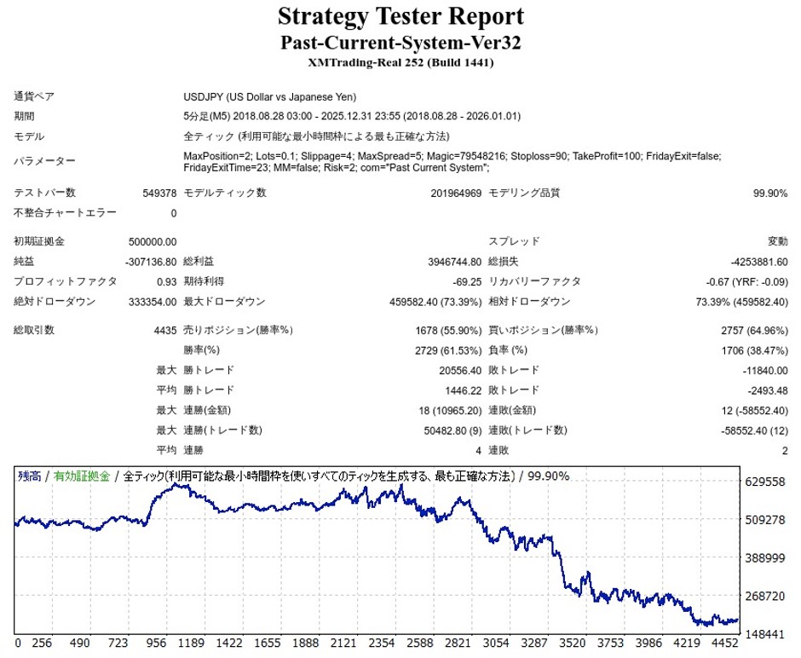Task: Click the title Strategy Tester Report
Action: click(x=400, y=16)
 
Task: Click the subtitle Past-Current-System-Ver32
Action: click(x=400, y=42)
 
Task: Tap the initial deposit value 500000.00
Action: click(x=153, y=242)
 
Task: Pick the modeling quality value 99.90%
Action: click(x=770, y=193)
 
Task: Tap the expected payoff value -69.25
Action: click(x=466, y=282)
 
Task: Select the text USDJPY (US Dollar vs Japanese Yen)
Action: click(x=270, y=97)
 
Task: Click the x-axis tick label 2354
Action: click(x=383, y=644)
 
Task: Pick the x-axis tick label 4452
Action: click(x=724, y=644)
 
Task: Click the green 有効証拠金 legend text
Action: click(x=82, y=476)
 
